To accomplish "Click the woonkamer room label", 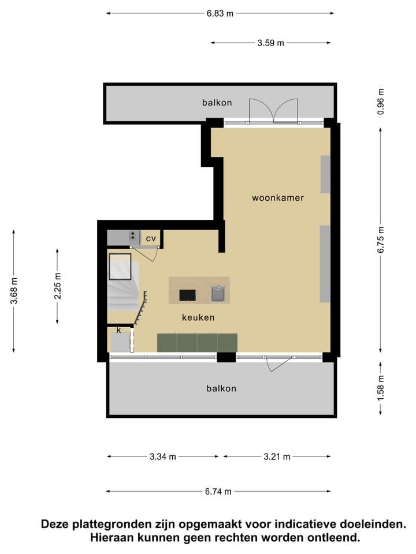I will (277, 198).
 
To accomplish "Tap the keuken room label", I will (198, 317).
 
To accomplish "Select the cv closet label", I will (151, 238).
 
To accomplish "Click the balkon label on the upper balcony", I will (217, 103).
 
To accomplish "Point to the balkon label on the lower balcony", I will (221, 388).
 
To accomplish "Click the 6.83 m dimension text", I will (220, 14).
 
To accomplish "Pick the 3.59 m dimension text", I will (271, 43).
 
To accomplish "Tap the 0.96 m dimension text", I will (380, 102).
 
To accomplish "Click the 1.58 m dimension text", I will (380, 388).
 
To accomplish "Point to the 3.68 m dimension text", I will (14, 291).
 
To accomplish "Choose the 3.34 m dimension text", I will (163, 457).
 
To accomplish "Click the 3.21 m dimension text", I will (277, 457).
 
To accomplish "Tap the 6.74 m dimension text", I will (218, 492).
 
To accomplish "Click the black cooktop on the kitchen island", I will (188, 295).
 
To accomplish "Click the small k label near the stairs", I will (118, 330).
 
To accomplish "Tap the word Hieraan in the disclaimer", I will (113, 538).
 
